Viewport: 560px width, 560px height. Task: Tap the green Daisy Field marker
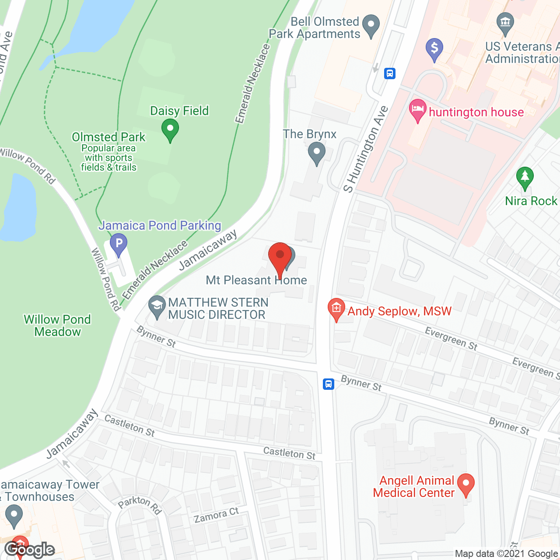pos(170,130)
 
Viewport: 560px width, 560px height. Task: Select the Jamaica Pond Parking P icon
pos(119,244)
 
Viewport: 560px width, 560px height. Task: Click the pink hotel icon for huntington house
pos(417,110)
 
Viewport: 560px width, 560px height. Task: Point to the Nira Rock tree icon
pos(525,178)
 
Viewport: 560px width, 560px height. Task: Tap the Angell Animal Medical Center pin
pos(465,484)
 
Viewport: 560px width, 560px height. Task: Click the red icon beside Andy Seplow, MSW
pos(336,309)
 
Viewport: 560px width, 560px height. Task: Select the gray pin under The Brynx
pos(316,154)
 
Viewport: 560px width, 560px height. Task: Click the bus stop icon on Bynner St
pos(329,384)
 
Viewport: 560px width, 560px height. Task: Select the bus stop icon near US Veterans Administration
pos(390,73)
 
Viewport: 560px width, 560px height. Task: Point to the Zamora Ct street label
pos(217,515)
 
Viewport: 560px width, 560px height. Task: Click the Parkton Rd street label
pos(140,504)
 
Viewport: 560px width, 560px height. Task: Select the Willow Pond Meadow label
pos(57,325)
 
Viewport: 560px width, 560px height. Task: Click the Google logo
pos(29,549)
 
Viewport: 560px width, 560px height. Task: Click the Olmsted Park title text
pos(108,137)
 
